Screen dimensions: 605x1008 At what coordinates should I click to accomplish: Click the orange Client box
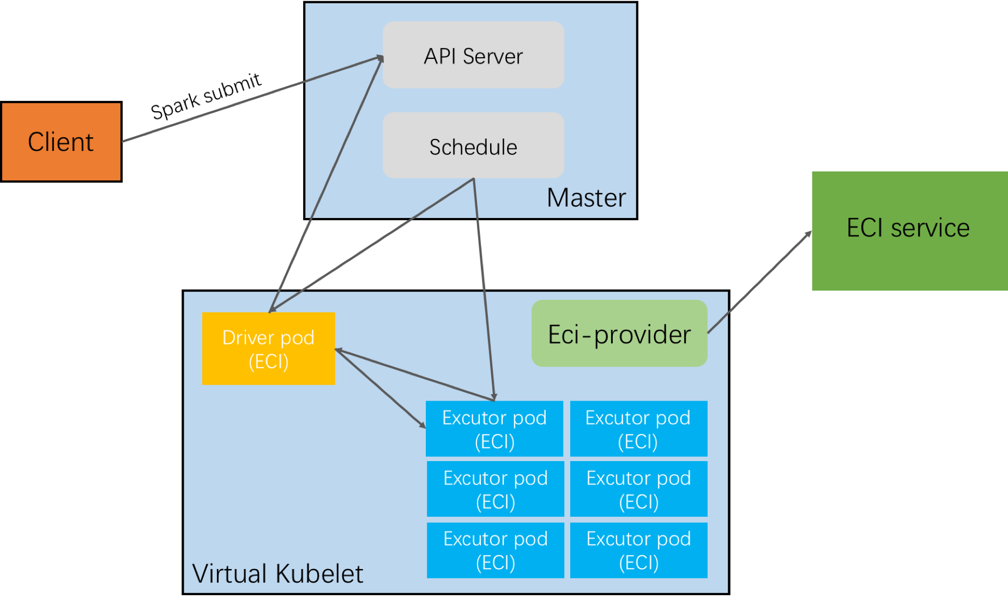coord(61,142)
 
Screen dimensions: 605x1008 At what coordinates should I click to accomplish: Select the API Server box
coord(473,55)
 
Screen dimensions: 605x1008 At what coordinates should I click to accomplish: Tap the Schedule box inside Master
coord(473,146)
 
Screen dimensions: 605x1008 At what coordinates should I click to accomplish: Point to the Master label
coord(586,198)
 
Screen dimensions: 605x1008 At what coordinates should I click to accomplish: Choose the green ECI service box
coord(909,231)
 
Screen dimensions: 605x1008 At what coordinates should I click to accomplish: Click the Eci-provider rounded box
coord(619,334)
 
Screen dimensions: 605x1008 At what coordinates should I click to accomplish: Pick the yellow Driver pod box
coord(268,349)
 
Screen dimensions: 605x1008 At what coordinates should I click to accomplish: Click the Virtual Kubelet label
coord(277,574)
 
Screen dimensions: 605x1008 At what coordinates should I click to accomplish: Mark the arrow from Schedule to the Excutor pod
coord(484,289)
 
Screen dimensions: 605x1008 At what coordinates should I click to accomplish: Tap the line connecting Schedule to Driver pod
coord(371,245)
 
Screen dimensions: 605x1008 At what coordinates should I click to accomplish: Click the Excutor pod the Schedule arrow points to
coord(494,429)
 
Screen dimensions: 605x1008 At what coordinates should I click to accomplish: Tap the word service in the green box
coord(930,228)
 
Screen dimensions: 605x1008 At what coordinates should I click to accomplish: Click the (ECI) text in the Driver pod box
coord(268,362)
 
